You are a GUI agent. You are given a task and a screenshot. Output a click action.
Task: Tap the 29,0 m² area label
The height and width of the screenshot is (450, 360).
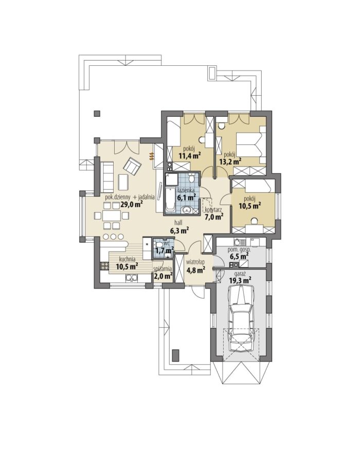pos(132,204)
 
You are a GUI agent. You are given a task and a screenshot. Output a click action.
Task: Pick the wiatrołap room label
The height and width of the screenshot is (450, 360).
pos(195,262)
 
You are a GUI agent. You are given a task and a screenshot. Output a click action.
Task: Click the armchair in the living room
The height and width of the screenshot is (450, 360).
pos(132,166)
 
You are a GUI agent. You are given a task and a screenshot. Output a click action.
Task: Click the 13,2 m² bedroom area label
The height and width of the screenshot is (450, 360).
pos(230,162)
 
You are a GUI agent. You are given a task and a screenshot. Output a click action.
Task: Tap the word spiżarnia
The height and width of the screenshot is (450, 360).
pos(163,269)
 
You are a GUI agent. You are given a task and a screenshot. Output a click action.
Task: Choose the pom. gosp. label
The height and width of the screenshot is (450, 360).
pos(237,250)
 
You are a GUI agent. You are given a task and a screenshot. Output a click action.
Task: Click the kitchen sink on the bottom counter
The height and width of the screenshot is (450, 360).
pos(132,278)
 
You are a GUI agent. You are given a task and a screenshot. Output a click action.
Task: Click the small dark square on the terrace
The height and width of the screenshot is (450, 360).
pos(97,114)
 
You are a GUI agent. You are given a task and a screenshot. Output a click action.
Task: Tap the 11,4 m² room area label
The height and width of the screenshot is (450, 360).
pos(190,156)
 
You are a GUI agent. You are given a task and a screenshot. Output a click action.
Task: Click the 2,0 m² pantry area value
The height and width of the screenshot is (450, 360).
pos(163,276)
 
